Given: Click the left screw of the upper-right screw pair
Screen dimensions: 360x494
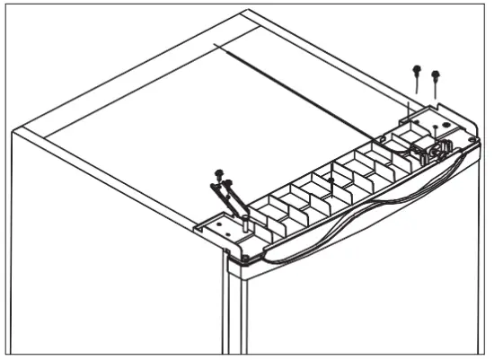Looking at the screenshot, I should (x=416, y=69).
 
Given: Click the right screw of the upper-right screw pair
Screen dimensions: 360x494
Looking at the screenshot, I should (x=436, y=75).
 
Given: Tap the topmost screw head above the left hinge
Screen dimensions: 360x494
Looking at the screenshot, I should (x=217, y=172).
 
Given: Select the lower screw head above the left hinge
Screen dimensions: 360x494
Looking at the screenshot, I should (x=226, y=183).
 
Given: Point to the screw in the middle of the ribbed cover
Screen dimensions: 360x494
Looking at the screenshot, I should (x=331, y=181).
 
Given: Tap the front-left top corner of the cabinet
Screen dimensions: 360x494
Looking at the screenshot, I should (x=13, y=132).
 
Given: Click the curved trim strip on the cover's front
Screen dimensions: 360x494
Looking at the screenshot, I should (x=359, y=220).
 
